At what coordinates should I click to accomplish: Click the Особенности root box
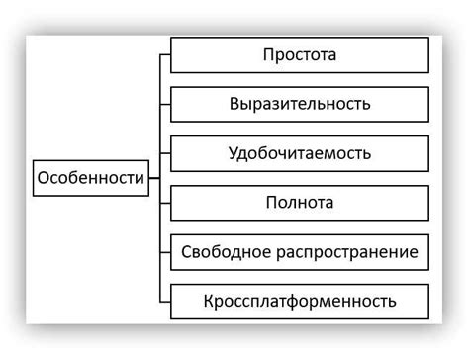click(90, 179)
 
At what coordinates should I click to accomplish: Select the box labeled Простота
click(300, 54)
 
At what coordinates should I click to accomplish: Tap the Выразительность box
click(300, 104)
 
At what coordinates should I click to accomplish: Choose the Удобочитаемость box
click(300, 153)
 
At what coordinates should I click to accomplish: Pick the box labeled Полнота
click(300, 203)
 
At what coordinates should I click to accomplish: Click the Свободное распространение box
click(300, 252)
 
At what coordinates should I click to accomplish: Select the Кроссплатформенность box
click(300, 301)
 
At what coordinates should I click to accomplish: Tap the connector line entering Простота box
click(165, 54)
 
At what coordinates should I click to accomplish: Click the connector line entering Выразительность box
click(165, 104)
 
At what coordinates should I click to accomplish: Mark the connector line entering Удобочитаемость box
click(165, 153)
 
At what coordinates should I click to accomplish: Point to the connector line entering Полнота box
click(165, 203)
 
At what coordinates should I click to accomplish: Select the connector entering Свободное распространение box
click(165, 252)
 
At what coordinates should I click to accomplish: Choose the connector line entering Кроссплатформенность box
click(165, 301)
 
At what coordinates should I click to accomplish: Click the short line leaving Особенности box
click(154, 179)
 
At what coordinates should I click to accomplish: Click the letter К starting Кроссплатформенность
click(209, 301)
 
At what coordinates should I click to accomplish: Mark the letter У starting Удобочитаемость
click(233, 153)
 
